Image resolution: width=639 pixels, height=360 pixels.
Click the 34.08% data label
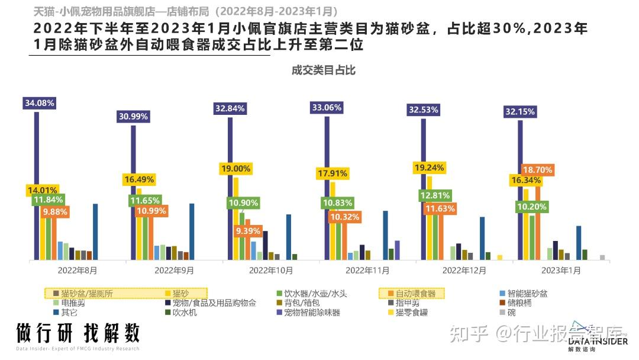[x=40, y=103]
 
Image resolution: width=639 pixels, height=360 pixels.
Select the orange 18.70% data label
[x=537, y=170]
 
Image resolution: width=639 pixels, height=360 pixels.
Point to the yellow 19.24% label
[x=428, y=168]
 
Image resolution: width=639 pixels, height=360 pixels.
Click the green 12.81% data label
[x=436, y=195]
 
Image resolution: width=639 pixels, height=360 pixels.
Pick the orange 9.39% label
[x=248, y=232]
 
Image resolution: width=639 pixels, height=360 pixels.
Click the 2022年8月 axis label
[x=78, y=270]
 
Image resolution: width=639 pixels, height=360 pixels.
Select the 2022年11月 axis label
[x=368, y=270]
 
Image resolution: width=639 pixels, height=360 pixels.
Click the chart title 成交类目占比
[x=323, y=70]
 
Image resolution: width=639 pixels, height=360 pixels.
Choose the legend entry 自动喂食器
[x=415, y=293]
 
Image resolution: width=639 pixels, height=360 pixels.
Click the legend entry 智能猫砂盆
[x=528, y=293]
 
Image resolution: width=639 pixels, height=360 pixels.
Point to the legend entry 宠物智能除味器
[x=312, y=312]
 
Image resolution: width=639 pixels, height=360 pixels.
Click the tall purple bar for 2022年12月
[x=424, y=189]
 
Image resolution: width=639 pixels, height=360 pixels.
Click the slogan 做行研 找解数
[x=78, y=333]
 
